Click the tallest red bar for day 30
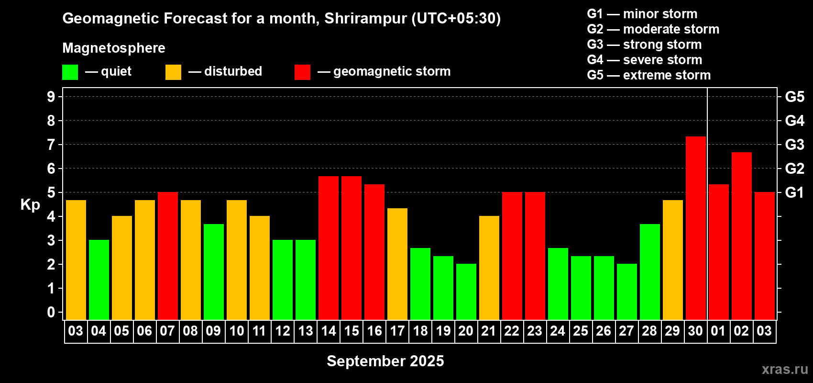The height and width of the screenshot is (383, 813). (696, 228)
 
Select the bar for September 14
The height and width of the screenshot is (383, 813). (329, 248)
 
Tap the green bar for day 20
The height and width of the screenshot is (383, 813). (466, 292)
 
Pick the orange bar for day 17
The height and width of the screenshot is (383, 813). (397, 264)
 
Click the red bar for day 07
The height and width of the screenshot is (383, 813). (168, 256)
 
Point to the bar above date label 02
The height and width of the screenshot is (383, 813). (741, 236)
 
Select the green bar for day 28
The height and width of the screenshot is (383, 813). (649, 272)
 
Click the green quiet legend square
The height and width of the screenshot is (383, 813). (70, 72)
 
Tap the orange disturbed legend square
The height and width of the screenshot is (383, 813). (173, 72)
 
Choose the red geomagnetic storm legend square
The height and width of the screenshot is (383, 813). (302, 72)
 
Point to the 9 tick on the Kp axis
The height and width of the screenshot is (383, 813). (51, 97)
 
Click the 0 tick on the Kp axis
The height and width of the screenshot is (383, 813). (51, 312)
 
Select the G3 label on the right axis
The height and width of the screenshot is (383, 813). (794, 145)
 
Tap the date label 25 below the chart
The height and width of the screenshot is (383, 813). (581, 331)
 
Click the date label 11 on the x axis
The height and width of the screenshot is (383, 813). (259, 331)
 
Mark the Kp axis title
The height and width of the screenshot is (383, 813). (30, 205)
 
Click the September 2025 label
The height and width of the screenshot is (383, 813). (385, 361)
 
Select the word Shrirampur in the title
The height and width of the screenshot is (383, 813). (365, 18)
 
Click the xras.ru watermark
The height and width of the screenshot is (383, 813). (785, 369)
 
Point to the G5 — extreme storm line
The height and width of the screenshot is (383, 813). (648, 75)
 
